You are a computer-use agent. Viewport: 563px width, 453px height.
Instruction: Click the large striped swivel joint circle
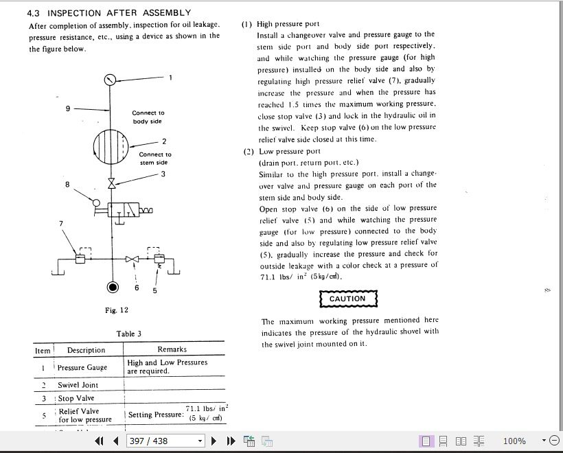click(111, 143)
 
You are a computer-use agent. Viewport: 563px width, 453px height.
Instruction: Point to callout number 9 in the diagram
click(68, 108)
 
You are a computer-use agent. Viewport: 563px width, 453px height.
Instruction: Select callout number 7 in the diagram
click(61, 223)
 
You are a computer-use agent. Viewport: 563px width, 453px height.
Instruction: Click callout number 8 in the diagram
click(67, 184)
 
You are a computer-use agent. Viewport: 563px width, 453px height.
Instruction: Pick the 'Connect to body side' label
click(148, 117)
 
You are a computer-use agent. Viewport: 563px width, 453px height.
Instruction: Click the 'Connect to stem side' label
click(155, 159)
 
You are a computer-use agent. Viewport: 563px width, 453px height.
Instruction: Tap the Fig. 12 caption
click(117, 310)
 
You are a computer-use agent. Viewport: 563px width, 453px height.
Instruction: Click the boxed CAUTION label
click(347, 299)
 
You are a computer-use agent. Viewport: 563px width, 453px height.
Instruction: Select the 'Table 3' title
click(129, 334)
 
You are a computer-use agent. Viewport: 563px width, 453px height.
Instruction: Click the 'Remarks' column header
click(172, 350)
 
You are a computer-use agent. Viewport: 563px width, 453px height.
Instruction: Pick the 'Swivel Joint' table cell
click(78, 385)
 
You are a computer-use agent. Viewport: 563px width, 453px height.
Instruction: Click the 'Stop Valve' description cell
click(76, 398)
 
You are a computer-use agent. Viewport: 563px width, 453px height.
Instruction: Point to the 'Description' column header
click(86, 350)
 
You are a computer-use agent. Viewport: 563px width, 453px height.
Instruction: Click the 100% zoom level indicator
click(514, 441)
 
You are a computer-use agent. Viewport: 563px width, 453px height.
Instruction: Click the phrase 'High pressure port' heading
click(288, 24)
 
